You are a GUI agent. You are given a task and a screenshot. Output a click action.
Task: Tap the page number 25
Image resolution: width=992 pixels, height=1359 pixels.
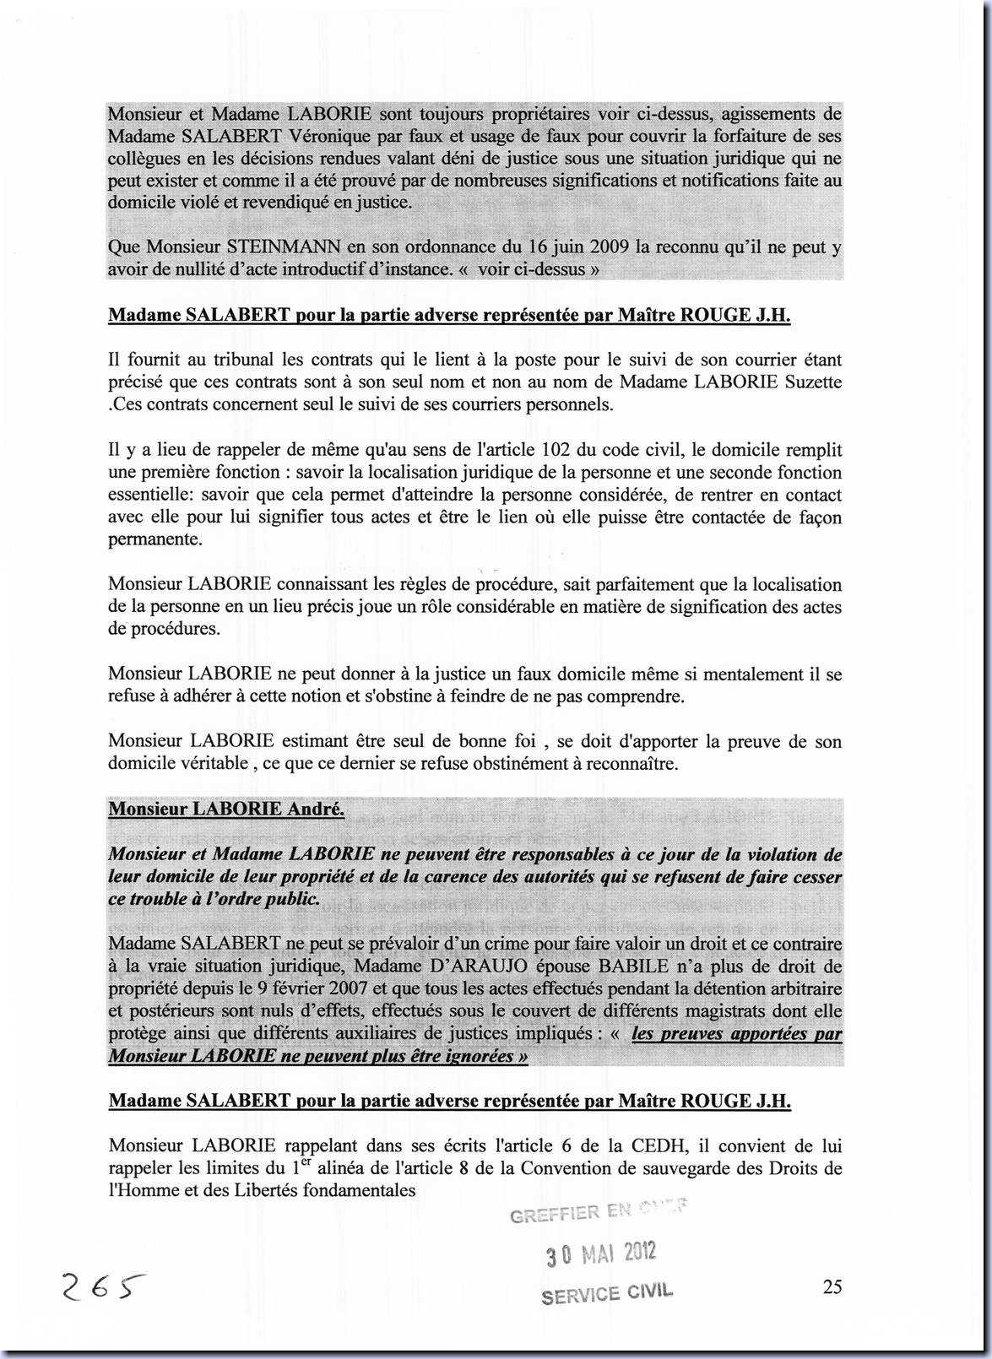coord(832,1286)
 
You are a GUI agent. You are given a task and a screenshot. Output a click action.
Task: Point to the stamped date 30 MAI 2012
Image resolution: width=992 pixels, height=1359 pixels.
coord(600,1253)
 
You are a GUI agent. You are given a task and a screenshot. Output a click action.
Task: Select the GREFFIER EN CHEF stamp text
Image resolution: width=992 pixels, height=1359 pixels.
coord(598,1212)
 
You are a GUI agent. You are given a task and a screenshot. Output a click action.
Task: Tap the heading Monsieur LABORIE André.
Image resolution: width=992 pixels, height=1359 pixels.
coord(226,809)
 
